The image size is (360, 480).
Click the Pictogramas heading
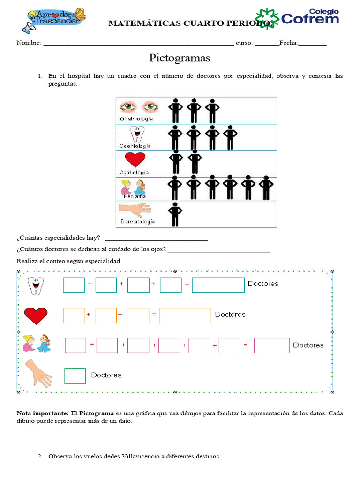click(x=180, y=59)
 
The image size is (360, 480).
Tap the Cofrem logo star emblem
click(x=267, y=18)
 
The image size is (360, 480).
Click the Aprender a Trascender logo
click(x=54, y=20)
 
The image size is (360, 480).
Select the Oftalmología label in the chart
click(x=136, y=119)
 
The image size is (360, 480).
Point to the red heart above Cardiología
click(x=135, y=160)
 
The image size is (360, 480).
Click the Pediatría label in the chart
click(x=135, y=196)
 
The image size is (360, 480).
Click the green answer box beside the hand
click(x=75, y=376)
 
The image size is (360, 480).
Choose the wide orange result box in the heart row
click(x=185, y=315)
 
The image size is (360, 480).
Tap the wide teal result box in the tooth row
click(x=218, y=285)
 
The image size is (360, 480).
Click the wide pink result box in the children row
click(x=271, y=346)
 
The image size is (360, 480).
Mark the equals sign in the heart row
click(x=154, y=315)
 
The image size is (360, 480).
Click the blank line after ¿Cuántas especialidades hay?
click(x=156, y=240)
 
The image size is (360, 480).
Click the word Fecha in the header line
click(x=288, y=43)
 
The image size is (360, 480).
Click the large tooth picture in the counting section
click(x=34, y=285)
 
